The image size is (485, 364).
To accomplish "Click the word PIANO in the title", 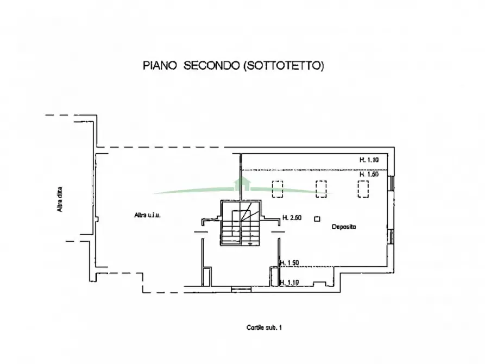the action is coord(160,66).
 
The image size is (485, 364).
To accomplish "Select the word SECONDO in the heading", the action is coord(212,66).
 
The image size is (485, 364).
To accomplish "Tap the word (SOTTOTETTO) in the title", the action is coord(284,66).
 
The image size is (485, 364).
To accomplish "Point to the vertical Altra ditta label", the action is coord(59,199).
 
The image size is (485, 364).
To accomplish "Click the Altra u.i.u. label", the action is coord(148,215).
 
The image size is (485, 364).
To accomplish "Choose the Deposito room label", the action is coord(344,227).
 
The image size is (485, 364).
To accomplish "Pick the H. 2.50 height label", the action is coord(292,218).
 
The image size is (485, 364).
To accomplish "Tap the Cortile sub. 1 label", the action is coord(264,328).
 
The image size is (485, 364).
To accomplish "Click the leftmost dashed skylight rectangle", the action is coord(277,189).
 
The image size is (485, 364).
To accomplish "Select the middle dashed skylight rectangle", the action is coord(321,189).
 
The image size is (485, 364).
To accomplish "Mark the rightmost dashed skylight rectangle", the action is coord(363,189).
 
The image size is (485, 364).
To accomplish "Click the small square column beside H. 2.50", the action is coord(317,219).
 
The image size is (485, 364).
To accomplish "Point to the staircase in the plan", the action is coord(241,223).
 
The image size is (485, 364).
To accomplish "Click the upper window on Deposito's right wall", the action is coord(391,183).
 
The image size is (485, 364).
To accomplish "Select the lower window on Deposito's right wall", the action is coord(391,237).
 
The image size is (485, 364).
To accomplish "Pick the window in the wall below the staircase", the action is coord(241,289).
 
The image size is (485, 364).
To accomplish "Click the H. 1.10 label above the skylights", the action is coord(369,160).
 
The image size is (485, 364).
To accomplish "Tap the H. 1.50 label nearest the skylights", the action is coord(369,174).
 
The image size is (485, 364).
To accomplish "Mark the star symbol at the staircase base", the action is coord(250,243).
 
